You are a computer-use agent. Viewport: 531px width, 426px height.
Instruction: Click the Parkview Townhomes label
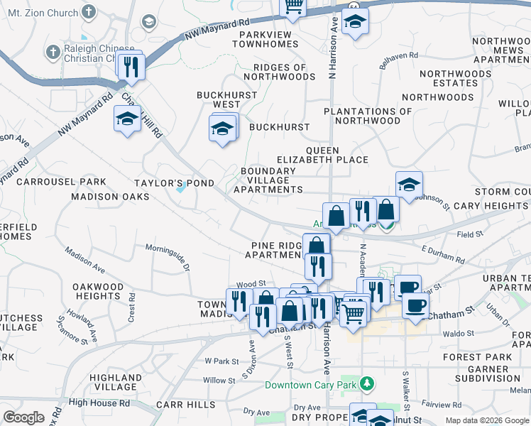click(x=268, y=39)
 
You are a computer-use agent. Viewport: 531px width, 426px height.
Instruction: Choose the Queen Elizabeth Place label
click(x=336, y=155)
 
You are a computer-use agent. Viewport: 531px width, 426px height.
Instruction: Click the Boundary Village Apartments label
click(x=268, y=180)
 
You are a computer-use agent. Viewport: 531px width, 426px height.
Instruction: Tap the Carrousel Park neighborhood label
click(x=61, y=182)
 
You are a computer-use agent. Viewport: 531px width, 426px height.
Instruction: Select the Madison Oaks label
click(x=110, y=196)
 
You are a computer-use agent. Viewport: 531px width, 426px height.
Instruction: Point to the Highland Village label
click(x=113, y=382)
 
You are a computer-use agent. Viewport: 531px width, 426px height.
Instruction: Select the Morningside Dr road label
click(x=168, y=258)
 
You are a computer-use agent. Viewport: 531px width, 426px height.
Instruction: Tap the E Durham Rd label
click(x=442, y=250)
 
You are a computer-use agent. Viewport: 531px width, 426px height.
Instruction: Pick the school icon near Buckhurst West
click(x=222, y=129)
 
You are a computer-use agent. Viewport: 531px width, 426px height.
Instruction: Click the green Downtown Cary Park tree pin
click(x=367, y=384)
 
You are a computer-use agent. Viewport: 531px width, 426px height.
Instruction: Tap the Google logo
click(x=24, y=417)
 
